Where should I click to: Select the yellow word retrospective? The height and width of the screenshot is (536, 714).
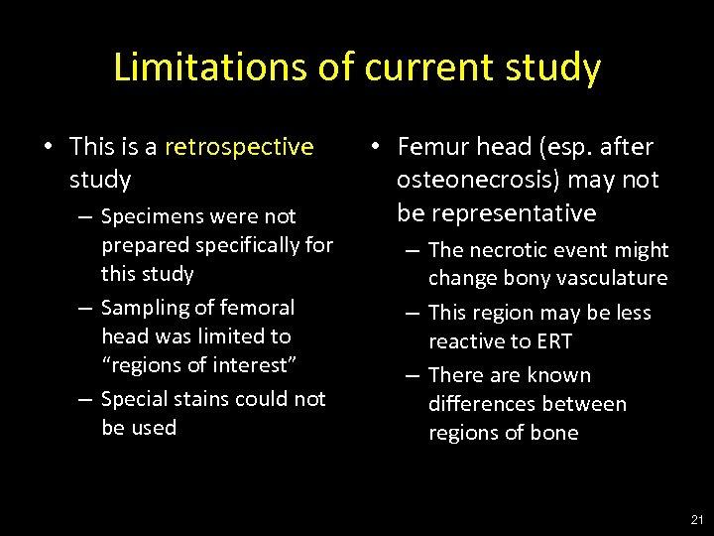pos(239,147)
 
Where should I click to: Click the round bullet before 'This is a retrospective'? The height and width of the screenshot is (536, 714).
pos(48,148)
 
